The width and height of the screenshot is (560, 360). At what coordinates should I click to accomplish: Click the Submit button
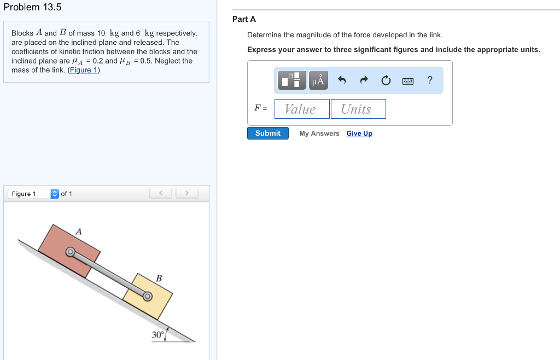267,133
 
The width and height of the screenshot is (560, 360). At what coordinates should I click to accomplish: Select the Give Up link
359,133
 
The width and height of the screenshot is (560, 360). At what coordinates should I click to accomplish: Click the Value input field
302,109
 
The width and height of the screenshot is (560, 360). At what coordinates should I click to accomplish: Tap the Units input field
358,109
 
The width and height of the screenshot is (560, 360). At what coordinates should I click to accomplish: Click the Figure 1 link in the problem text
84,70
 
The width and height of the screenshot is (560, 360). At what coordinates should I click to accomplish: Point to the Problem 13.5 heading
32,7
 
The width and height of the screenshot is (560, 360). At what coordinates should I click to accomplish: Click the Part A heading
244,19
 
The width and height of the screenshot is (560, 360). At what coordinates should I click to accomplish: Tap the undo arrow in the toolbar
342,80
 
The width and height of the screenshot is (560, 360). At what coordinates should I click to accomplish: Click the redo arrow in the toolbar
364,80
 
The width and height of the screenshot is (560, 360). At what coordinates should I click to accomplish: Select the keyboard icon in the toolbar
408,81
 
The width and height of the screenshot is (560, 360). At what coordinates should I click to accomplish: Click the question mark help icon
430,80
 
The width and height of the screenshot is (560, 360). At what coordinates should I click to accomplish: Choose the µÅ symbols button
318,80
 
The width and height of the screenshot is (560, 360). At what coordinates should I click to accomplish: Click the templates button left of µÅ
292,80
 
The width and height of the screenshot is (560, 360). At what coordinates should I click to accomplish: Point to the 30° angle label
158,335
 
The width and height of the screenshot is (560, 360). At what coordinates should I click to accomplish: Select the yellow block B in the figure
156,304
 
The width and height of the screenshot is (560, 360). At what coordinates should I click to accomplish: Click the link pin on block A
70,252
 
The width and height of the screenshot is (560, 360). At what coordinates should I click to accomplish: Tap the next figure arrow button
186,193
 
